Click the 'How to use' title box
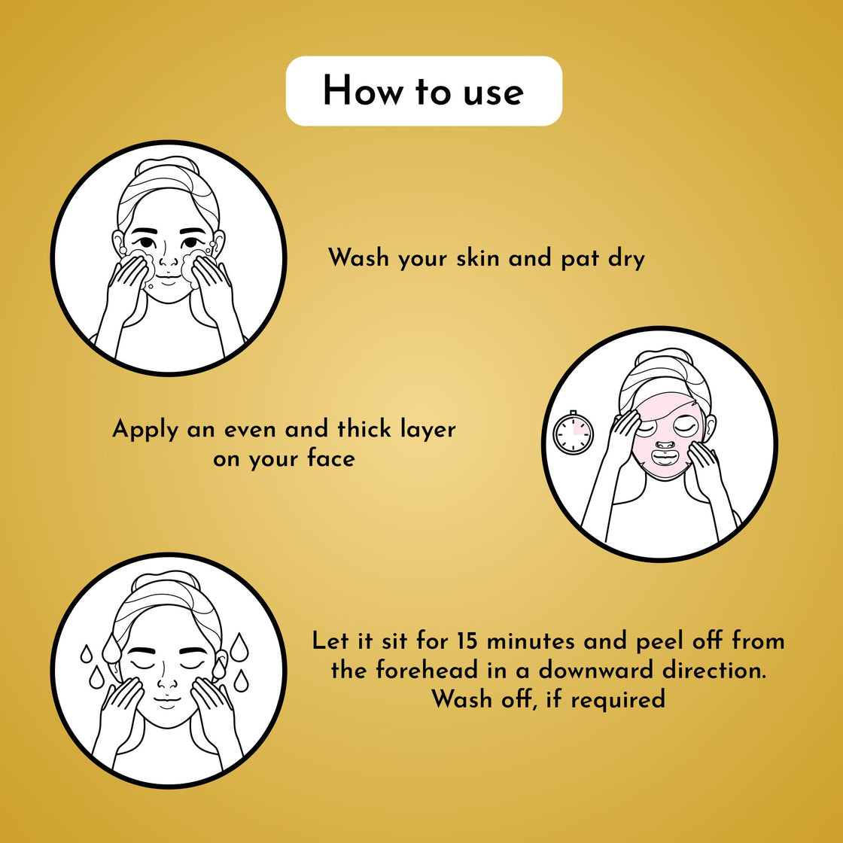pos(424,91)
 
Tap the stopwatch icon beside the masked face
pos(574,433)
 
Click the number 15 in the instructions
pos(467,641)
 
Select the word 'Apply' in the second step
pos(146,431)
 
